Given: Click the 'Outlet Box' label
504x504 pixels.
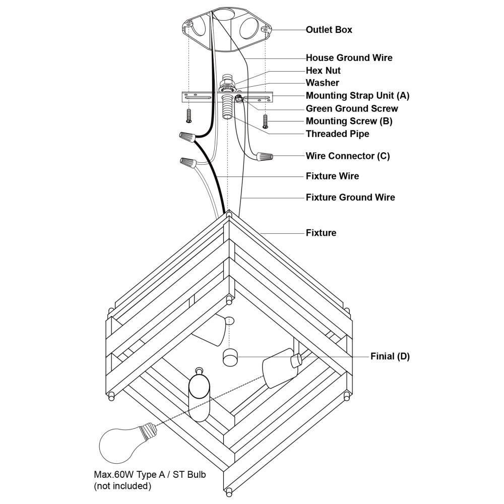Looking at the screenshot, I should (x=329, y=30).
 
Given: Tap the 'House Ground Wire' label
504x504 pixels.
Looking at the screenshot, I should (x=349, y=58).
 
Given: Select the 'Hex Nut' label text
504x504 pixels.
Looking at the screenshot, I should (x=323, y=71).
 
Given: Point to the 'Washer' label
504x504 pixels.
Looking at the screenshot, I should (x=322, y=83).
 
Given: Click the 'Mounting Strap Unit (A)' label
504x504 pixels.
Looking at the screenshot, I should (x=357, y=95).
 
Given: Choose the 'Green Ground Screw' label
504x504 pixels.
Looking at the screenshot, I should (x=351, y=108).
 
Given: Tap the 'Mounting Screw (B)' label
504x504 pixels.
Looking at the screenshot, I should (x=349, y=121).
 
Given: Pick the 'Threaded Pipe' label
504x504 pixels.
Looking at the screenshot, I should (x=337, y=134).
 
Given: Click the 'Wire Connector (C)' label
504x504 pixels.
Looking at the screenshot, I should (x=347, y=156).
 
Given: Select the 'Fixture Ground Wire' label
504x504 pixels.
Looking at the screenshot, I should (x=350, y=197).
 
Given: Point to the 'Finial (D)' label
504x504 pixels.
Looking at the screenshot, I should (x=390, y=356).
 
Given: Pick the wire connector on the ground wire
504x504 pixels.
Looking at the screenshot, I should (x=265, y=157).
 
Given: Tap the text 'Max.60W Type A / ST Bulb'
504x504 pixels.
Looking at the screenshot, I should (x=150, y=475).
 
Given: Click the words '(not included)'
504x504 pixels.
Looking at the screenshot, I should (x=122, y=486).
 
